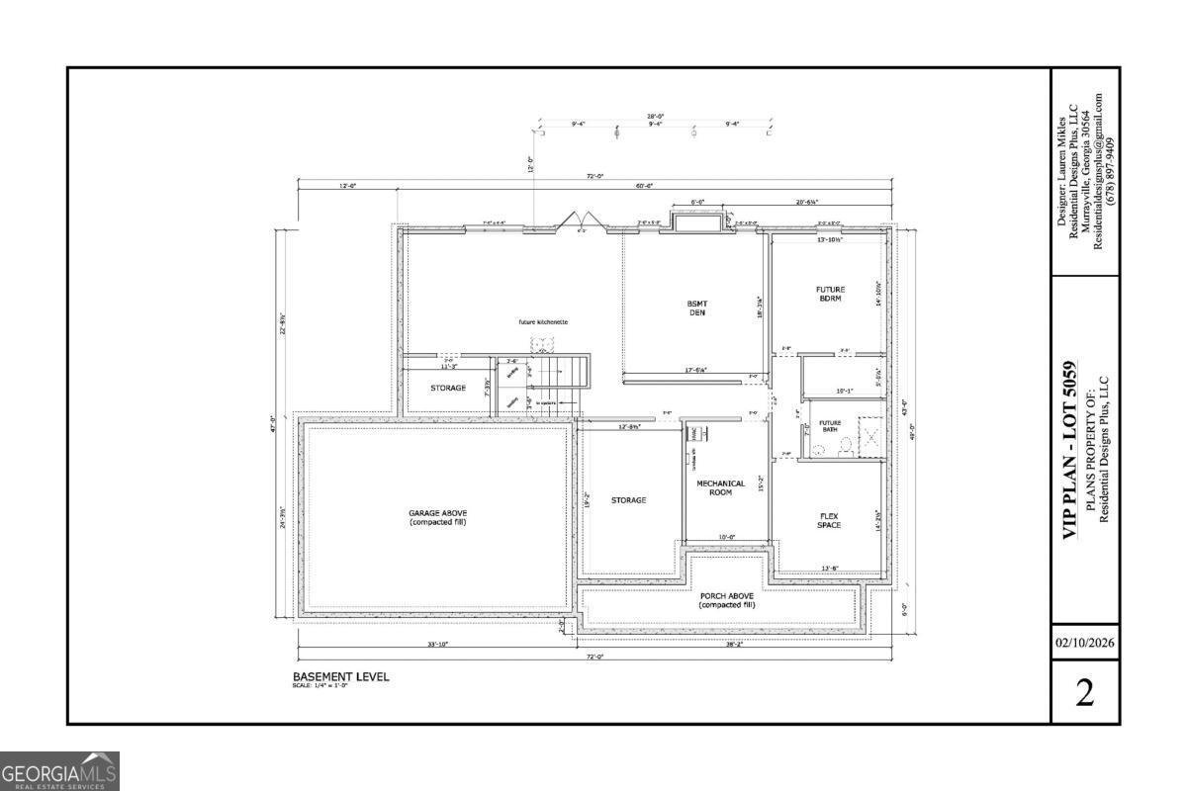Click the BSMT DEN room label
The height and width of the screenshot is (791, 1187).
point(697,308)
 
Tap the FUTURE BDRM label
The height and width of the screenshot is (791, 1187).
point(829,294)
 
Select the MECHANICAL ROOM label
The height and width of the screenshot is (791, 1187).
point(720,487)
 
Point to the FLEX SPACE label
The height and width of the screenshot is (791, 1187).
point(829,520)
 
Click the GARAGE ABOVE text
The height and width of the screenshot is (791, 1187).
point(437,517)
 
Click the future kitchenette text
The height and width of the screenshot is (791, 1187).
point(543,322)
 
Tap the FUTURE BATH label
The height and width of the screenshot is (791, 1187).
point(829,425)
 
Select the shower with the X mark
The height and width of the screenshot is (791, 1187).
point(869,434)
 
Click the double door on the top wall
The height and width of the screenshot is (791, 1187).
point(578,220)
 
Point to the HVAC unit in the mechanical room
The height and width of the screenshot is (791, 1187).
point(695,433)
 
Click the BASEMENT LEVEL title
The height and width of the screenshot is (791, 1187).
point(340,677)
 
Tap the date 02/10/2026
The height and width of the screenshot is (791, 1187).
point(1084,643)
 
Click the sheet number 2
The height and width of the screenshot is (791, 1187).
point(1084,693)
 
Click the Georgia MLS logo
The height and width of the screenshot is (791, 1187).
point(59,771)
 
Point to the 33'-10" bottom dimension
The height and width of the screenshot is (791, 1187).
point(437,645)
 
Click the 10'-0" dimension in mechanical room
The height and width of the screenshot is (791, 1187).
point(727,538)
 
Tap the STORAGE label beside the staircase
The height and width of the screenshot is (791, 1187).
point(447,388)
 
